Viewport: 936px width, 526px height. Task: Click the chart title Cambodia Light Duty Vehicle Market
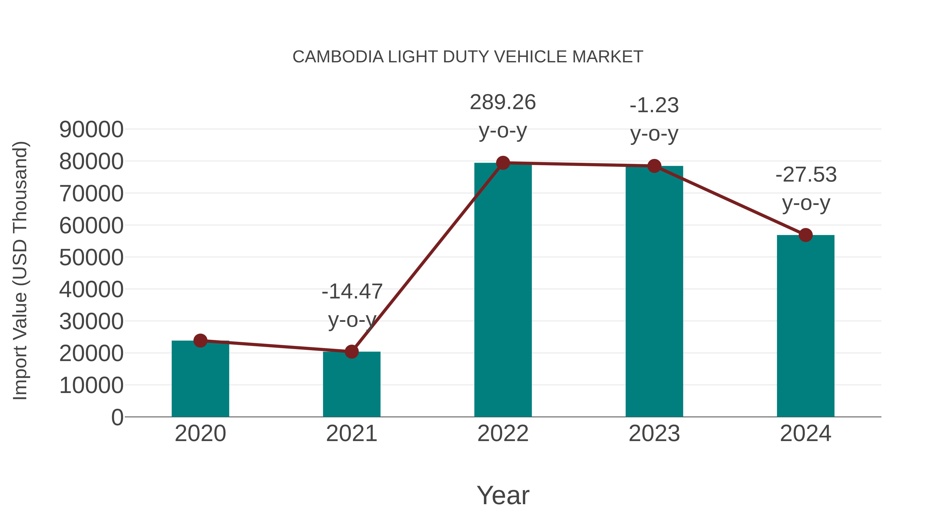point(468,57)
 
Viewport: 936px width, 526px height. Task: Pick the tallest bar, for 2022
point(503,290)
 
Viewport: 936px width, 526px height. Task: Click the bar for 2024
point(805,327)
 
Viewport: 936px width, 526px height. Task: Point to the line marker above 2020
point(200,341)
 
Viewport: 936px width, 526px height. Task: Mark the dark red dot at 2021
point(351,351)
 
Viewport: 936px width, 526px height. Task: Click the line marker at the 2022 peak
point(503,163)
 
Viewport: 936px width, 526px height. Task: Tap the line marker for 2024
point(805,235)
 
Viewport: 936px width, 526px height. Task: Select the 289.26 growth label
point(503,102)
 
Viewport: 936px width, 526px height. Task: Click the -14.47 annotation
point(352,291)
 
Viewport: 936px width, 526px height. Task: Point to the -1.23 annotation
point(654,106)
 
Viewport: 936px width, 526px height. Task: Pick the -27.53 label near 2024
point(806,175)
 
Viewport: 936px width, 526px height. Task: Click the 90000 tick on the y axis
point(91,130)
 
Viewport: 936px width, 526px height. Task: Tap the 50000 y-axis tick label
point(91,258)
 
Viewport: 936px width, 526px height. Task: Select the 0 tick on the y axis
point(117,417)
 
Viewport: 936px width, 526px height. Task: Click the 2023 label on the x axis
point(654,434)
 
